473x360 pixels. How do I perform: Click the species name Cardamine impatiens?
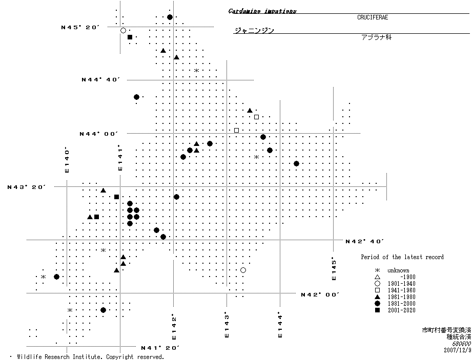point(262,11)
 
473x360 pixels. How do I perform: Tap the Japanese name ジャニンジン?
point(254,30)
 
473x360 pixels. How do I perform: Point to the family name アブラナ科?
point(376,37)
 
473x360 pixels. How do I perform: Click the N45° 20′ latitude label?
point(79,27)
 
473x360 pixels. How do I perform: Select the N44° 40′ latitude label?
point(100,79)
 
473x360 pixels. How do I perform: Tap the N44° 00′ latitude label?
point(98,134)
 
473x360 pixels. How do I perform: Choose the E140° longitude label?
point(67,160)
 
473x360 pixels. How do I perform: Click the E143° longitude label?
point(226,325)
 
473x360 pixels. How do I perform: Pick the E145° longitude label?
point(334,268)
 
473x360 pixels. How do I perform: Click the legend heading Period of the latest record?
point(402,257)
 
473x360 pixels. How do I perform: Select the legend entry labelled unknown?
point(398,270)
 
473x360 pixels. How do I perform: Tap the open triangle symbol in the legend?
point(377,277)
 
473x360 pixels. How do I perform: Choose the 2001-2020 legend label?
point(401,310)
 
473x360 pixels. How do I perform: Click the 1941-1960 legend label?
point(401,290)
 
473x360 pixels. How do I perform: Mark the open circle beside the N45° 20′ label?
point(123,31)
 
